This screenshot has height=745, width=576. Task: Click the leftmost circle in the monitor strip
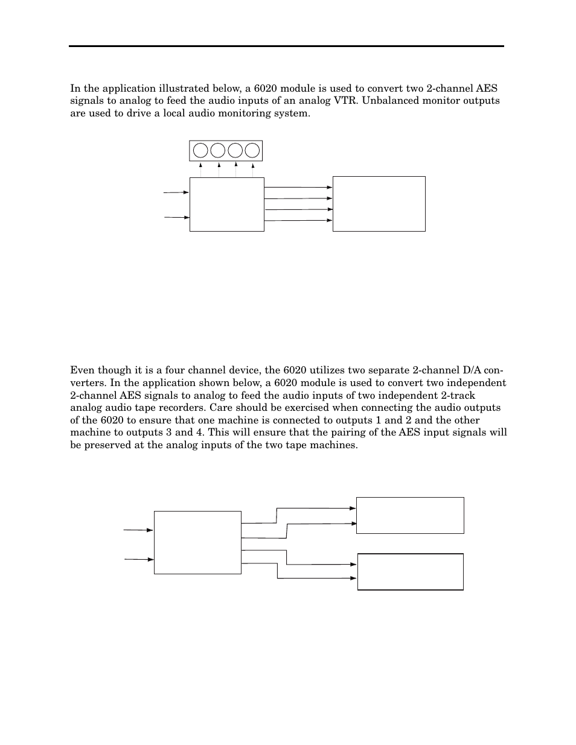[x=200, y=150]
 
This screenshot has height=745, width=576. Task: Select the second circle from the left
[x=218, y=150]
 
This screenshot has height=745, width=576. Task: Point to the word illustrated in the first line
[x=147, y=88]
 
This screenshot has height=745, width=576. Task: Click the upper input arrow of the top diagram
[x=176, y=192]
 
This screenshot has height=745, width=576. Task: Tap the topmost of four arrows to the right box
[x=298, y=188]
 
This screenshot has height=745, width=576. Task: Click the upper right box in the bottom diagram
[x=410, y=515]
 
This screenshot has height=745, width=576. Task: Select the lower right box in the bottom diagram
[x=410, y=571]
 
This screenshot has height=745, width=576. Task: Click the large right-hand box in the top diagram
[x=379, y=203]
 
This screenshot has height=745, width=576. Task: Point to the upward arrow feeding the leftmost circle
[x=201, y=170]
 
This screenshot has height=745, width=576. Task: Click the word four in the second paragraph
[x=180, y=370]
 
